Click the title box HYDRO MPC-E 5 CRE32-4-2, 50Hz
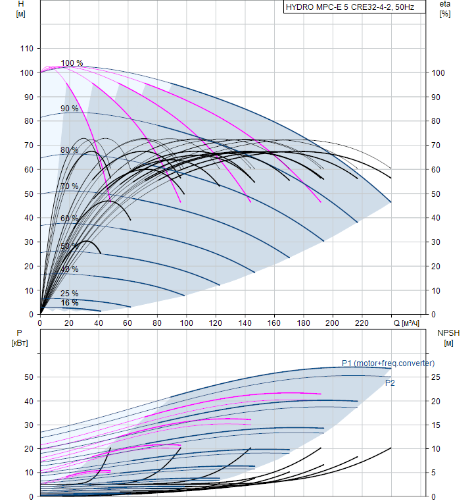[350, 9]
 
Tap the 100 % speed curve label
[72, 63]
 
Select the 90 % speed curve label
[70, 109]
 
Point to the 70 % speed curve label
[69, 186]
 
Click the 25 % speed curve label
[69, 294]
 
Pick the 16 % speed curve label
[69, 303]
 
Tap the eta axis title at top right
[444, 9]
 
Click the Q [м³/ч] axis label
[406, 323]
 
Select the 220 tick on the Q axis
[362, 323]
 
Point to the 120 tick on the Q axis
[216, 323]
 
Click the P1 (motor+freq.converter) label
[388, 363]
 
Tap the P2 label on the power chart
[390, 383]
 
